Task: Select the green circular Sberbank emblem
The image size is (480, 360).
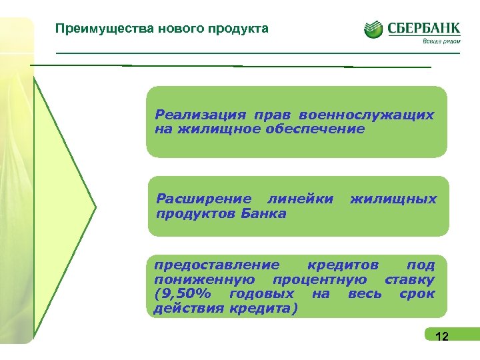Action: coord(373,29)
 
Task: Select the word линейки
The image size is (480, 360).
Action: coord(299,199)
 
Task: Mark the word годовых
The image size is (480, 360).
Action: coord(261,294)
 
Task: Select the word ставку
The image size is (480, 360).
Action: coord(410,279)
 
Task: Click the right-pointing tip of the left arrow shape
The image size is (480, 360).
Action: coord(95,207)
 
